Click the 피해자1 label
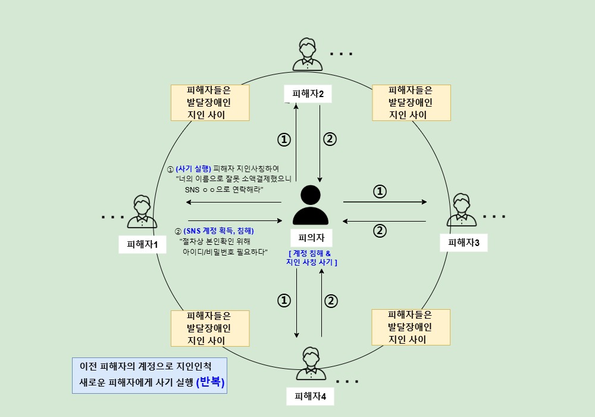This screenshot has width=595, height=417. tap(142, 244)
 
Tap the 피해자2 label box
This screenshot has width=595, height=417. tap(308, 94)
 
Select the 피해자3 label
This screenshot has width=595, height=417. tap(464, 242)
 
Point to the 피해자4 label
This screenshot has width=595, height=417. tap(310, 397)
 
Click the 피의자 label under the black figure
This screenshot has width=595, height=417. tap(311, 238)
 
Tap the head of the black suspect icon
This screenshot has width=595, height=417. tap(311, 195)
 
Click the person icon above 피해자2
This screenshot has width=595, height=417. tap(308, 54)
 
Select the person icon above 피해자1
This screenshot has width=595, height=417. tap(142, 211)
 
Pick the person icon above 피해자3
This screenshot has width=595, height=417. tap(462, 210)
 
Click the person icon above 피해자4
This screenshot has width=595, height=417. tap(311, 363)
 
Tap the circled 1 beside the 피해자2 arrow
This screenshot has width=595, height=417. tap(284, 139)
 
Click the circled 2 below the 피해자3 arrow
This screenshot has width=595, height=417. tap(380, 231)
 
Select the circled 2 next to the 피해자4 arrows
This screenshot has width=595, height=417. tap(331, 301)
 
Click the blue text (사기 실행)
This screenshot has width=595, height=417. tap(193, 169)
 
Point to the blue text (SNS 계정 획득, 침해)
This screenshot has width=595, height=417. tap(218, 231)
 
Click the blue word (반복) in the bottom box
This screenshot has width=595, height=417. tap(210, 381)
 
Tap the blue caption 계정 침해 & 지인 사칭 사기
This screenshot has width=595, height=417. tap(312, 257)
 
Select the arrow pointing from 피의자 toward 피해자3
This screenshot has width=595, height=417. tap(385, 202)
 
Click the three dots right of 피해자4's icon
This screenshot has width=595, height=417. tap(347, 382)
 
